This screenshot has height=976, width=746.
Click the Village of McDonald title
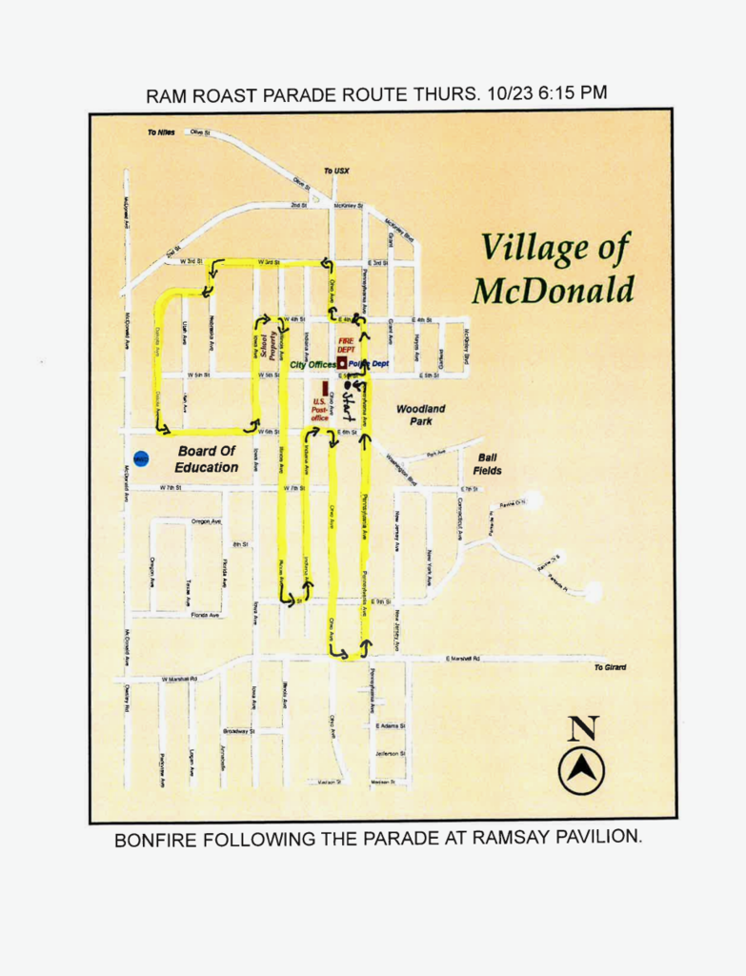(x=554, y=268)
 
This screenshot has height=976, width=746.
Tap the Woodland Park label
(x=420, y=415)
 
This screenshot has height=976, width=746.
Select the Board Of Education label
(x=206, y=459)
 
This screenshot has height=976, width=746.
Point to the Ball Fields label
(x=487, y=464)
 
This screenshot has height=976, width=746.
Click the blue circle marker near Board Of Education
(x=140, y=459)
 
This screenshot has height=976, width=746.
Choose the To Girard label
(x=610, y=667)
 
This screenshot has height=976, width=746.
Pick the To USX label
(x=336, y=171)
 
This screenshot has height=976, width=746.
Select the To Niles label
(x=161, y=132)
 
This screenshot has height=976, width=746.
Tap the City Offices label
(x=313, y=365)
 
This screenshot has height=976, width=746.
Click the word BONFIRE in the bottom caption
(x=156, y=841)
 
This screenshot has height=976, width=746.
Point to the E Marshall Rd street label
(x=462, y=659)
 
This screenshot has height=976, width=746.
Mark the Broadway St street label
(x=238, y=731)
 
